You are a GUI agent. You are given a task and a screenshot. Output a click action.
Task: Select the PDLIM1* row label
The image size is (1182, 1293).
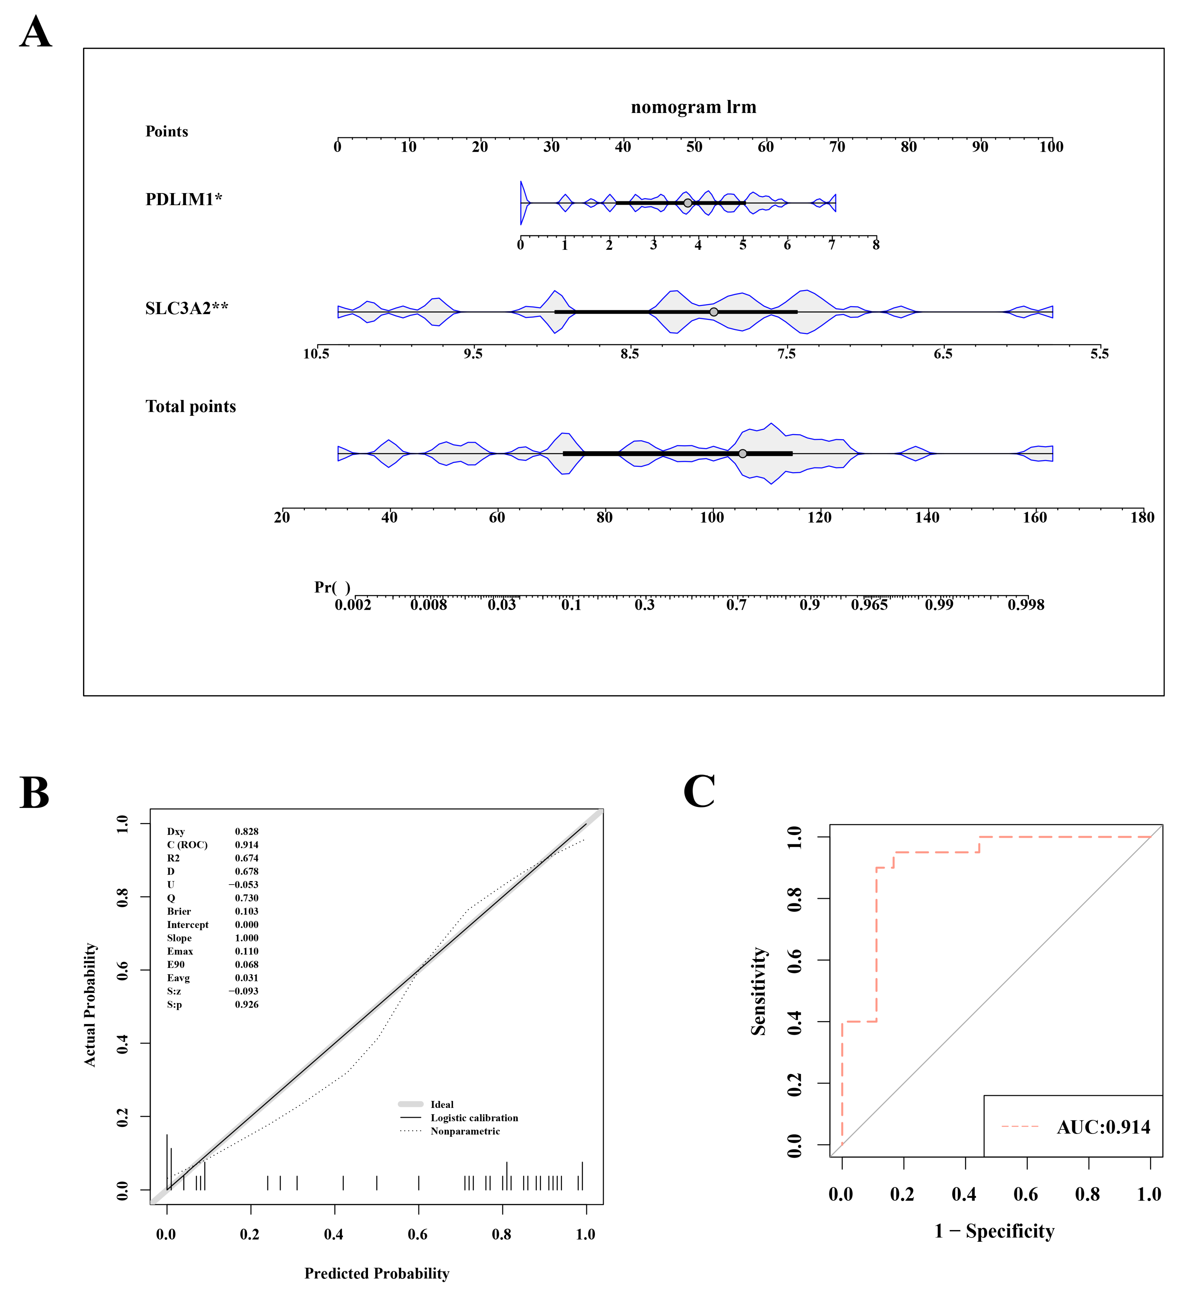(183, 199)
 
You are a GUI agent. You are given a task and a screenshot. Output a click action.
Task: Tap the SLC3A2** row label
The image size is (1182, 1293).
(186, 308)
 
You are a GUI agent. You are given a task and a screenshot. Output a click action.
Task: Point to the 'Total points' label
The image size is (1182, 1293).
(190, 407)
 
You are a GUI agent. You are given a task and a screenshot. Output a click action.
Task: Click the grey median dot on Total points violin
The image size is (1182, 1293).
(742, 454)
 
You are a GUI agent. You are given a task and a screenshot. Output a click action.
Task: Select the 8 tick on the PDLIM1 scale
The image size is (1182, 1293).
(876, 244)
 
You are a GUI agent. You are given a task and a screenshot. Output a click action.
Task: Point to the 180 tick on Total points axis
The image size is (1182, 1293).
(1141, 518)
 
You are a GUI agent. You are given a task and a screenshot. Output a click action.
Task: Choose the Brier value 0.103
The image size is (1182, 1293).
(246, 911)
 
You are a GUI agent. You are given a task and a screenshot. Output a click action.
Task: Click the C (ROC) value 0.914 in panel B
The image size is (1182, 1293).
(246, 845)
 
